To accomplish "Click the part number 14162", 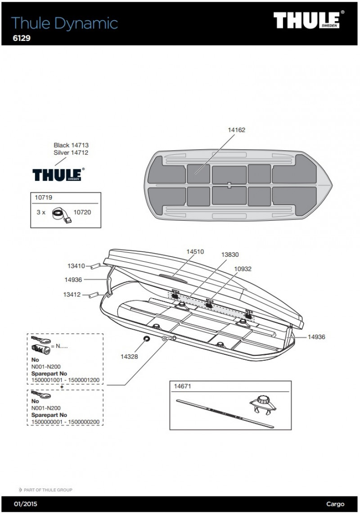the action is pyautogui.click(x=236, y=130).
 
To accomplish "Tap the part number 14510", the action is pyautogui.click(x=195, y=252).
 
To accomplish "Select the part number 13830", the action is pyautogui.click(x=229, y=255).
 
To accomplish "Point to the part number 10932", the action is pyautogui.click(x=243, y=269).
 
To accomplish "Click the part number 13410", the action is pyautogui.click(x=76, y=266).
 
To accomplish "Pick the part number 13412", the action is pyautogui.click(x=72, y=295).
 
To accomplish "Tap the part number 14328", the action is pyautogui.click(x=129, y=357).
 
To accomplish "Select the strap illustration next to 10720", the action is pyautogui.click(x=62, y=215).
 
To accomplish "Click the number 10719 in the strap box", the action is pyautogui.click(x=43, y=198).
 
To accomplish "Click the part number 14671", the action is pyautogui.click(x=182, y=386).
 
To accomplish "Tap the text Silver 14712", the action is pyautogui.click(x=71, y=153).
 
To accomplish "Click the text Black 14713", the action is pyautogui.click(x=71, y=145).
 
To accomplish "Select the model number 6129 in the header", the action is pyautogui.click(x=22, y=38).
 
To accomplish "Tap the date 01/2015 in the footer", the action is pyautogui.click(x=26, y=504).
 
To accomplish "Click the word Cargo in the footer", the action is pyautogui.click(x=335, y=504).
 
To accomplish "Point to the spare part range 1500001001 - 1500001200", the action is pyautogui.click(x=65, y=380).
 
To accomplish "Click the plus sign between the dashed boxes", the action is pyautogui.click(x=62, y=387).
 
